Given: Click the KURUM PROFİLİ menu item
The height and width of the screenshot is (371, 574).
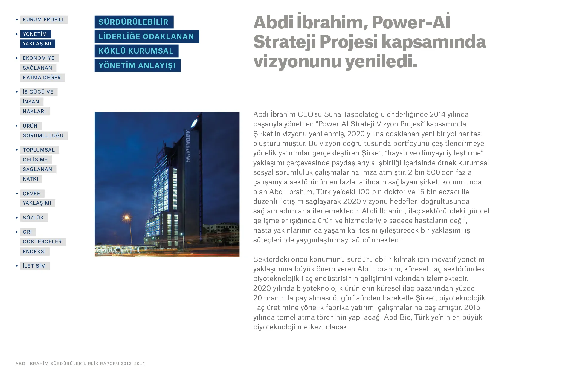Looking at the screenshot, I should coord(43,20).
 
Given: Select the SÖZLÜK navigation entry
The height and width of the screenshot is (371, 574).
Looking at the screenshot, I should coord(33,218).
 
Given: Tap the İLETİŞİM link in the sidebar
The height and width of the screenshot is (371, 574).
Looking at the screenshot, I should coord(34,266).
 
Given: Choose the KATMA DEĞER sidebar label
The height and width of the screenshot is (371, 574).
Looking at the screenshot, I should coord(42,78).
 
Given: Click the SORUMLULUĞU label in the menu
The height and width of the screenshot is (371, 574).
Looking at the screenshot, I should coord(43,136).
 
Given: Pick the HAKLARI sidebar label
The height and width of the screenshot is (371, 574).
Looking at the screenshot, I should coord(34,112).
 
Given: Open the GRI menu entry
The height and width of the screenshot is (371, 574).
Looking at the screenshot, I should coord(27,232).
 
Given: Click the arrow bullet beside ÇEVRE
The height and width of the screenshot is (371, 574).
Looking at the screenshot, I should coord(17,194).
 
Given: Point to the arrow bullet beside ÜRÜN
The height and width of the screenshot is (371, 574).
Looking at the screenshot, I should coord(17,126).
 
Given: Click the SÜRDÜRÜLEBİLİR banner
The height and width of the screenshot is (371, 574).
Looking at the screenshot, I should coord(134,22).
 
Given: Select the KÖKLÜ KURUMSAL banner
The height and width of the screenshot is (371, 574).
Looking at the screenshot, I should coord(136,51).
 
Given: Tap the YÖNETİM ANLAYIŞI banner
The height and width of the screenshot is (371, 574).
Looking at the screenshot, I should coord(137,65).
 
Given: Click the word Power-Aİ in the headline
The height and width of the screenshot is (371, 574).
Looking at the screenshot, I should coord(411,22).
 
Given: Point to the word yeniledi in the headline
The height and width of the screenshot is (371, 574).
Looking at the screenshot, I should coord(381,61).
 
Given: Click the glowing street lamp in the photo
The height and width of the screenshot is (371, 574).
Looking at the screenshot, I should coord(127,217).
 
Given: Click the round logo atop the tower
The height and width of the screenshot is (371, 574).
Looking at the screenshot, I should coord(194,122).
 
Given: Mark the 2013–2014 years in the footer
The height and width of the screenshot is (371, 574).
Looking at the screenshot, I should coord(133,364).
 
